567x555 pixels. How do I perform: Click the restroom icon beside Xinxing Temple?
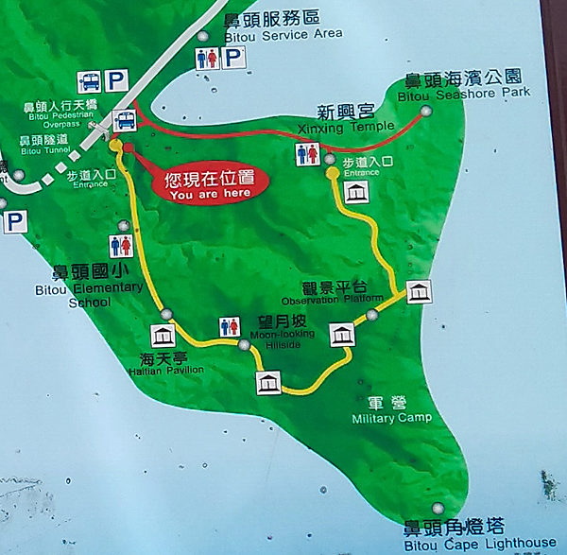coord(307,155)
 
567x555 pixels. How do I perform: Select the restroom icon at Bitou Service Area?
coord(207,58)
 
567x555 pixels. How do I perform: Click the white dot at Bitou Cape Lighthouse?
coord(438,506)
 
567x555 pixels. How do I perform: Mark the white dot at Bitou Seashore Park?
coord(426,111)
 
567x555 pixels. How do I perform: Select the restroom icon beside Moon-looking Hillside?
coord(230,326)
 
